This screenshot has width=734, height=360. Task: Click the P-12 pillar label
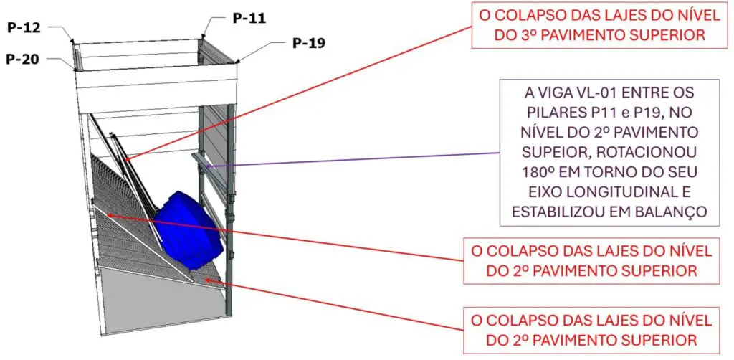click(24, 28)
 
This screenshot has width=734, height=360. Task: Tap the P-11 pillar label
click(249, 18)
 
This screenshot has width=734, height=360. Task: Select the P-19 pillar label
click(309, 43)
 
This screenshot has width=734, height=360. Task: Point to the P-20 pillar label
click(22, 59)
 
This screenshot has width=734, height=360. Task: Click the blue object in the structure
click(189, 230)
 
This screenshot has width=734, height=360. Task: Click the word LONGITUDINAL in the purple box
click(631, 192)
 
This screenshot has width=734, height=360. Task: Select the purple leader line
click(355, 159)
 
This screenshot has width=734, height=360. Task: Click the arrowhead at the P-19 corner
click(238, 61)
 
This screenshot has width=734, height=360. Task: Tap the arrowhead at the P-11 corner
click(203, 36)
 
